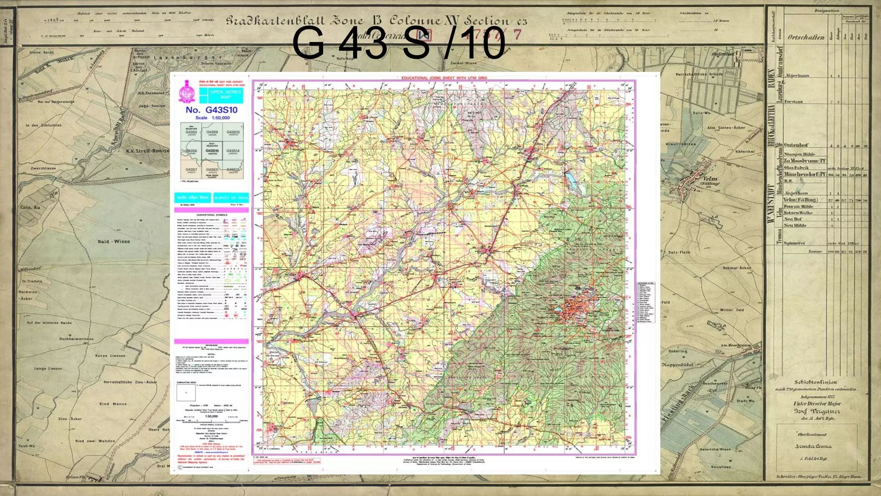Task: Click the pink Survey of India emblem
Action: [187, 91]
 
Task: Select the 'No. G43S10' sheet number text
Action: [211, 110]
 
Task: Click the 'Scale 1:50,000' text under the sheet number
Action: [213, 118]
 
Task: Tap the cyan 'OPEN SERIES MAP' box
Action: [226, 94]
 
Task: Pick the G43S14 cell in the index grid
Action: [233, 151]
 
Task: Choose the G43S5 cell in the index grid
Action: [191, 132]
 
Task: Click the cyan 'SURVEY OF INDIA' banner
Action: [231, 198]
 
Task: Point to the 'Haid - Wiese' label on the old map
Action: [114, 242]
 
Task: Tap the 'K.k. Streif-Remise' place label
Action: [147, 151]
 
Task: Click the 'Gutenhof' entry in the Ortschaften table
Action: [796, 145]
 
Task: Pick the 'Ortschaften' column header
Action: [806, 37]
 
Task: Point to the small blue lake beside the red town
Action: [558, 309]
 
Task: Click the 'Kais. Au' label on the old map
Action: [30, 207]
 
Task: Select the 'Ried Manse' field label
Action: [113, 404]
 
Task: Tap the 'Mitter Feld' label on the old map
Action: [732, 310]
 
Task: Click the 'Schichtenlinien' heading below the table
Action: [815, 382]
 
